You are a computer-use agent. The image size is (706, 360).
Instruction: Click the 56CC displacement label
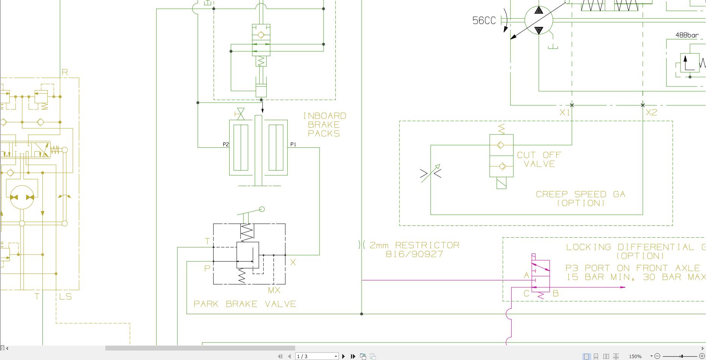click(x=484, y=20)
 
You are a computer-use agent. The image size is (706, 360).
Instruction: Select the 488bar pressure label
click(x=687, y=35)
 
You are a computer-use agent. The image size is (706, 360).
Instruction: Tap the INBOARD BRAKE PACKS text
click(x=324, y=125)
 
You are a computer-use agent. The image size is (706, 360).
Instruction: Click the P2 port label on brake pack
click(x=226, y=144)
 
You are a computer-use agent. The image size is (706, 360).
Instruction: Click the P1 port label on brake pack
click(x=293, y=144)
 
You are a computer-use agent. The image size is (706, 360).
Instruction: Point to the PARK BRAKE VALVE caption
click(x=245, y=304)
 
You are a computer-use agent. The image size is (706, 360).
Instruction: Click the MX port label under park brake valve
click(x=274, y=290)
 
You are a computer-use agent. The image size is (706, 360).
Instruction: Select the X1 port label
click(x=565, y=113)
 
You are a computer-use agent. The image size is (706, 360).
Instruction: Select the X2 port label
click(x=651, y=113)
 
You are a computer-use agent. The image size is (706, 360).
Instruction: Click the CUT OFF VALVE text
click(x=539, y=160)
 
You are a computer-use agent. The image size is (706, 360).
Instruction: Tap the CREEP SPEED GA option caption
click(x=580, y=199)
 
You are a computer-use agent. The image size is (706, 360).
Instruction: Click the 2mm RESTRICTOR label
click(x=414, y=245)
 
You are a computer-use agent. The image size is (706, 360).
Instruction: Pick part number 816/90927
click(x=414, y=254)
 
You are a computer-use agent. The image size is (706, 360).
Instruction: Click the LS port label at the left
click(x=66, y=297)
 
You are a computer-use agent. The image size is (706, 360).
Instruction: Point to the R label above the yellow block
click(x=65, y=72)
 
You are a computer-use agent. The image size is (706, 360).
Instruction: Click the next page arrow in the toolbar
click(x=343, y=356)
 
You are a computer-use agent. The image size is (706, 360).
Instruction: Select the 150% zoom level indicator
click(x=635, y=356)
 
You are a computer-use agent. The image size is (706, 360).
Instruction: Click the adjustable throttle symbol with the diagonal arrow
click(x=431, y=174)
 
